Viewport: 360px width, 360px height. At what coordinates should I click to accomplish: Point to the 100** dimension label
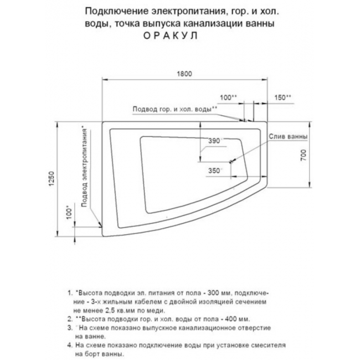[x=228, y=97]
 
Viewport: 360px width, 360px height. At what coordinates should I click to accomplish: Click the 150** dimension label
[x=283, y=97]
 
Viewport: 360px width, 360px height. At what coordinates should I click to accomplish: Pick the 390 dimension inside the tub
[x=214, y=141]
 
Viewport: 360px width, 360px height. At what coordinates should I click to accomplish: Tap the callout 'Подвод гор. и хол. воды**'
[x=174, y=109]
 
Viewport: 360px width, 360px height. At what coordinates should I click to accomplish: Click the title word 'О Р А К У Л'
[x=173, y=34]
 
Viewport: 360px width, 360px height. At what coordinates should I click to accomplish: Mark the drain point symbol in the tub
[x=232, y=162]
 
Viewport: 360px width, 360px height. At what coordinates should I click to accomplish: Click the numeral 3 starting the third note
[x=68, y=328]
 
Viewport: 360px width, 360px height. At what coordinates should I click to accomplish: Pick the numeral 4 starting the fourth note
[x=68, y=345]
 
